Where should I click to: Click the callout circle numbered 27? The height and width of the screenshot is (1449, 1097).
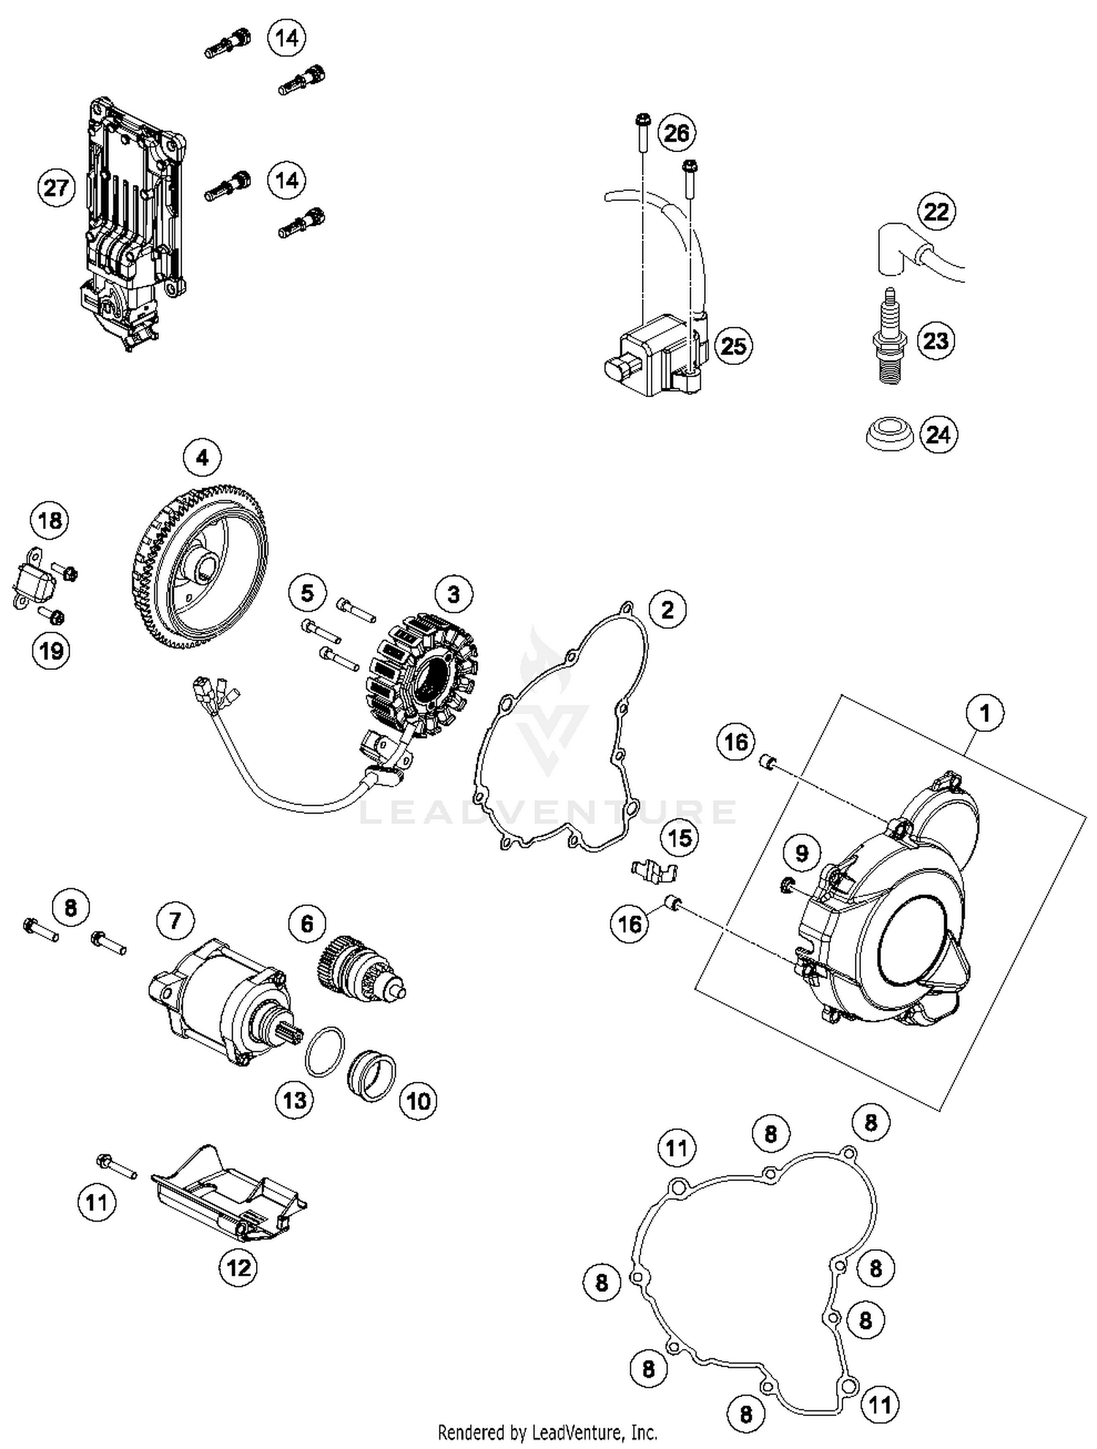pyautogui.click(x=56, y=188)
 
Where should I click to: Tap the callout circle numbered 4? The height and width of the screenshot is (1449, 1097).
pyautogui.click(x=202, y=458)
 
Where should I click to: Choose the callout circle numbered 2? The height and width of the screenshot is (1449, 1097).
pyautogui.click(x=667, y=609)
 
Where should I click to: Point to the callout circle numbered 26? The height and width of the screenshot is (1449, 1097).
pyautogui.click(x=676, y=133)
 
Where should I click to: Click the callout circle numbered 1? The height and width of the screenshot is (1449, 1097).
pyautogui.click(x=985, y=712)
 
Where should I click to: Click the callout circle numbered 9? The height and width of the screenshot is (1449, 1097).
pyautogui.click(x=802, y=853)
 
